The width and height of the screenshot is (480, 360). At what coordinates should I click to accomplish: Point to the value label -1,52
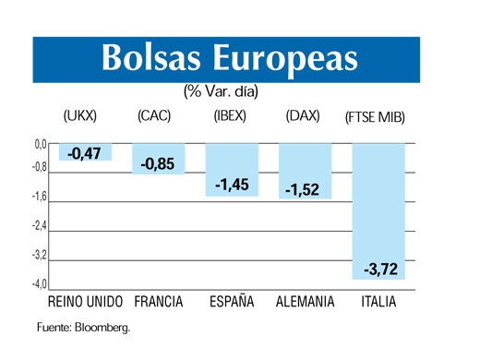coord(303,189)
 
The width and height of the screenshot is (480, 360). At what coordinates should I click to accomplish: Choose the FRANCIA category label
coord(158,302)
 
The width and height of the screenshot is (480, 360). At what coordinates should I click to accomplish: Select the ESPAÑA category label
coord(232,302)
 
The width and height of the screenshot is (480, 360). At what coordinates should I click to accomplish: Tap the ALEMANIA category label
coord(305,302)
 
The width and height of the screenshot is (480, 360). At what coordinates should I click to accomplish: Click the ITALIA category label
coord(379,302)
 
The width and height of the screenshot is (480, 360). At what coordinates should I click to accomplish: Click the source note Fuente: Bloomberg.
coord(84,327)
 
